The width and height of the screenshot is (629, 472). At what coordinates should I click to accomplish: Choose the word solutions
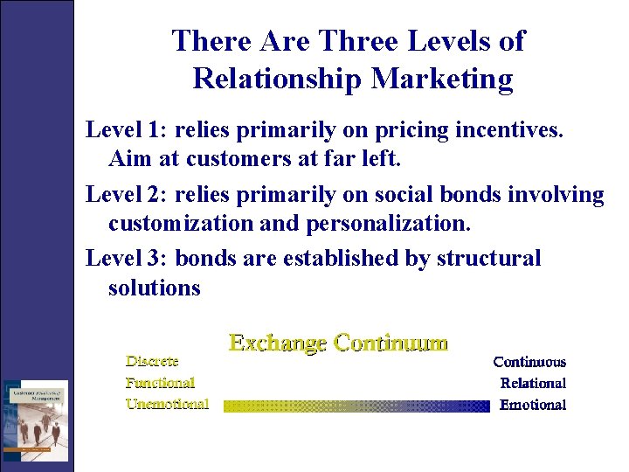point(155,287)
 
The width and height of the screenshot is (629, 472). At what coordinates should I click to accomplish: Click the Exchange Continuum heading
point(338,343)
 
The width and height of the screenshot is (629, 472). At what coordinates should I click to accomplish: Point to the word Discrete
point(152,360)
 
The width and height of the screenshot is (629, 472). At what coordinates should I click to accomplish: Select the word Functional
point(160,382)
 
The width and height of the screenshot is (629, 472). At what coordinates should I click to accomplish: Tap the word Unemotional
point(167,404)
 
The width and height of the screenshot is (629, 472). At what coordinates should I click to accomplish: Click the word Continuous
point(529,362)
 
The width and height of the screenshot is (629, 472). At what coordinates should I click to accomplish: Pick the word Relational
point(533,383)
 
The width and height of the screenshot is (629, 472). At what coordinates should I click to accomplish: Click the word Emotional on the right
point(533,405)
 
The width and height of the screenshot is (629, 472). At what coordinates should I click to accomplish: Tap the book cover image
point(34,420)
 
